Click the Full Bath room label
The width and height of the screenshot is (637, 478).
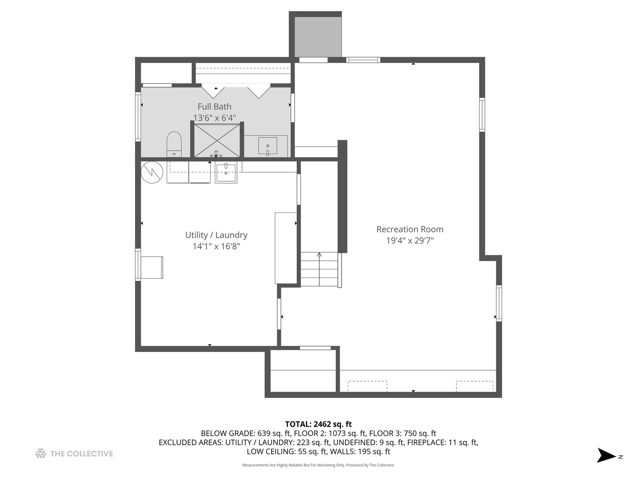(x=215, y=107)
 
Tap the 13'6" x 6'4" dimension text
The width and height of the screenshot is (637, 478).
(x=215, y=118)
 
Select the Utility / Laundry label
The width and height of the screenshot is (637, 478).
(x=216, y=235)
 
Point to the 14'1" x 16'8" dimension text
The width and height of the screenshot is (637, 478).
(x=216, y=246)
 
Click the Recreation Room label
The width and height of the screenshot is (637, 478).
(x=410, y=229)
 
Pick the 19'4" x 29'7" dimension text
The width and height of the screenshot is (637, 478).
(x=410, y=241)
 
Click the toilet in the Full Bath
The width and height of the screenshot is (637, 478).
(x=174, y=143)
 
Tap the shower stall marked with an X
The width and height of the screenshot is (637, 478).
(x=217, y=140)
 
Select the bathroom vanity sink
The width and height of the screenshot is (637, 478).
(x=268, y=146)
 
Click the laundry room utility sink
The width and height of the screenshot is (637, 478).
(x=226, y=172)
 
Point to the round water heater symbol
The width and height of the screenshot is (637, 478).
(x=152, y=172)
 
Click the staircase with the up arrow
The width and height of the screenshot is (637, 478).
(x=319, y=269)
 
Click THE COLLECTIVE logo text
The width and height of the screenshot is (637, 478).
(x=81, y=454)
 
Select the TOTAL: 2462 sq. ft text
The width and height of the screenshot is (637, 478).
(x=318, y=424)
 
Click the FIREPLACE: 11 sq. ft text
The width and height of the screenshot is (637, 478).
(x=442, y=442)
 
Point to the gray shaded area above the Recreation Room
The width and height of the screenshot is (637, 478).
(x=318, y=37)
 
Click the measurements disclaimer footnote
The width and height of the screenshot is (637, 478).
(x=318, y=465)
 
